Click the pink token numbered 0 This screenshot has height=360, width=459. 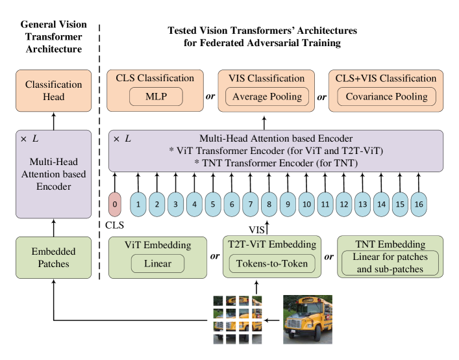point(115,205)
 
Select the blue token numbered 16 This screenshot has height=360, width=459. point(419,205)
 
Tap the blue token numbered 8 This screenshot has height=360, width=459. point(269,205)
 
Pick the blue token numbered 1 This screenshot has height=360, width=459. point(138,205)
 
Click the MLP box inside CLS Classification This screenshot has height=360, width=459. point(156,97)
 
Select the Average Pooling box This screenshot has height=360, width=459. point(267,97)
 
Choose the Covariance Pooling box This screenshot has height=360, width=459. point(386,97)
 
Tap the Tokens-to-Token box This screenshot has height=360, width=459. point(271,264)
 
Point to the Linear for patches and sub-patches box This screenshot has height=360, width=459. point(390,264)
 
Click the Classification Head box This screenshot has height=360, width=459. point(54,90)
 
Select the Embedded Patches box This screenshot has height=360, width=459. point(54,257)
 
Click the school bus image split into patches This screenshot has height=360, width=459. point(238,320)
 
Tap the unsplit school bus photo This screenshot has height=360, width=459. point(307,320)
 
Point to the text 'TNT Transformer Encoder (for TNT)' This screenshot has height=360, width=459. point(275,163)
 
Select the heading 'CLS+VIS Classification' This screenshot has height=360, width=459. point(386,79)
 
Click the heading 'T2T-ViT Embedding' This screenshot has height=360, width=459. point(271,244)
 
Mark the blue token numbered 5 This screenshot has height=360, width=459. point(212,205)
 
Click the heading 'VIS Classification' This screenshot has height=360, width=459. point(267,79)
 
